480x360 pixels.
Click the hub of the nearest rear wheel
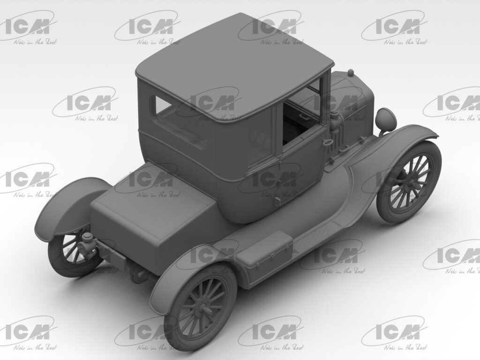(x=205, y=311)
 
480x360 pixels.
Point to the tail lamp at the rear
(x=87, y=242)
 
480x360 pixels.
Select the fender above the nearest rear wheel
(x=187, y=267)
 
